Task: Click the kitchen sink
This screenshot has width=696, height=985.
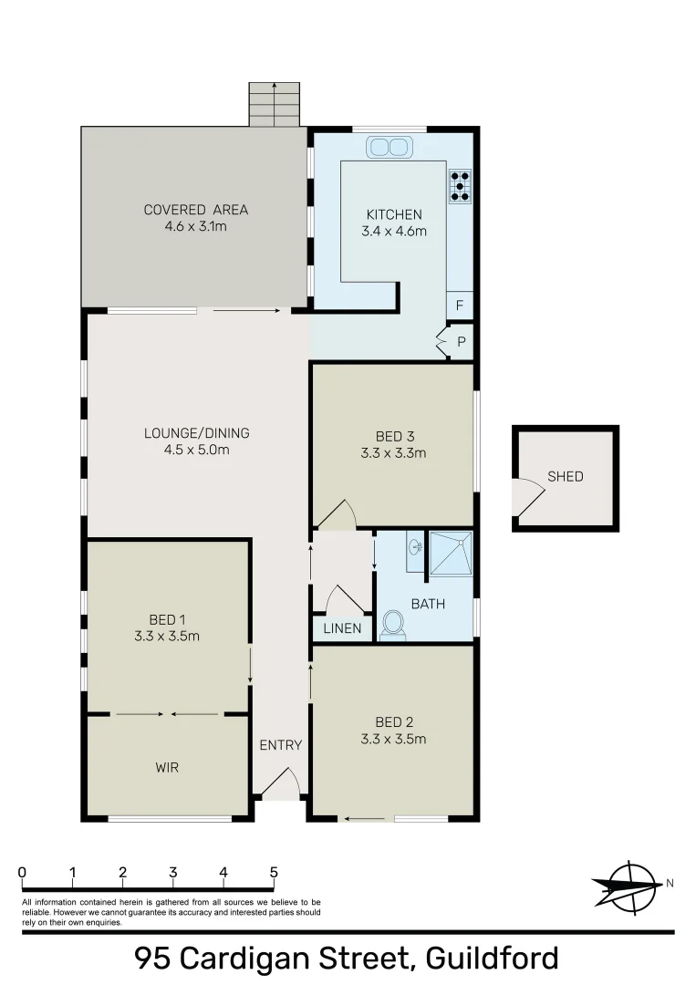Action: point(390,146)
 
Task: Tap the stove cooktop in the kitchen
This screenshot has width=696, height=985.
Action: point(460,185)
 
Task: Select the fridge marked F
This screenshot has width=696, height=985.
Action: point(460,306)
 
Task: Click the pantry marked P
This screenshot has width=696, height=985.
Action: point(461,342)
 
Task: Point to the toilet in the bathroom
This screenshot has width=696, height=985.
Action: point(394,625)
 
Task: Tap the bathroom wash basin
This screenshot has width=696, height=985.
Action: point(416,548)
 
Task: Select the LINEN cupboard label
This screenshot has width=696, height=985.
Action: point(343,629)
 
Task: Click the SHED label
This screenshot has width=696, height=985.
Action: point(566,476)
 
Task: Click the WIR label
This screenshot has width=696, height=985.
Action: point(167,768)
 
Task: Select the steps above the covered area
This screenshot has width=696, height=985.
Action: point(275,104)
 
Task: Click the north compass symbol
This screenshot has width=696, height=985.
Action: point(628,886)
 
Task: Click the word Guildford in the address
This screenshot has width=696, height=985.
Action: point(492,959)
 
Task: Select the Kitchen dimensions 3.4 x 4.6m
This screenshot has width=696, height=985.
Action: point(395,231)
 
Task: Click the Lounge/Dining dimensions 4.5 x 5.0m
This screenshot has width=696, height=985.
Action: point(196,450)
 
